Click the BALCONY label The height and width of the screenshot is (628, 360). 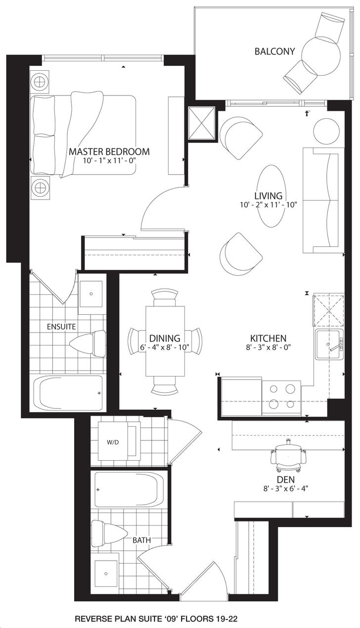pyautogui.click(x=274, y=51)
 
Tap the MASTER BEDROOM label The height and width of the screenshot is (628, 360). pyautogui.click(x=109, y=151)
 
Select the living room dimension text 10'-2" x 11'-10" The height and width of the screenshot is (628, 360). pyautogui.click(x=268, y=205)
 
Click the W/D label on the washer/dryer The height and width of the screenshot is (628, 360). pyautogui.click(x=113, y=442)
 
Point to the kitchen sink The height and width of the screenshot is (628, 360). pyautogui.click(x=329, y=344)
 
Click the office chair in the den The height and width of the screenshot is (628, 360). pyautogui.click(x=288, y=455)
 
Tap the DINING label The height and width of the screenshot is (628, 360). pyautogui.click(x=165, y=338)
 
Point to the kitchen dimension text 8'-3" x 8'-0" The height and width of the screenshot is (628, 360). pyautogui.click(x=268, y=347)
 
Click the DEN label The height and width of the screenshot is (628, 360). pyautogui.click(x=286, y=480)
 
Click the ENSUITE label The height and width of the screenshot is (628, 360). pyautogui.click(x=61, y=327)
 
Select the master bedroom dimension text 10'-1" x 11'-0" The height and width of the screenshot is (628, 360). pyautogui.click(x=109, y=161)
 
